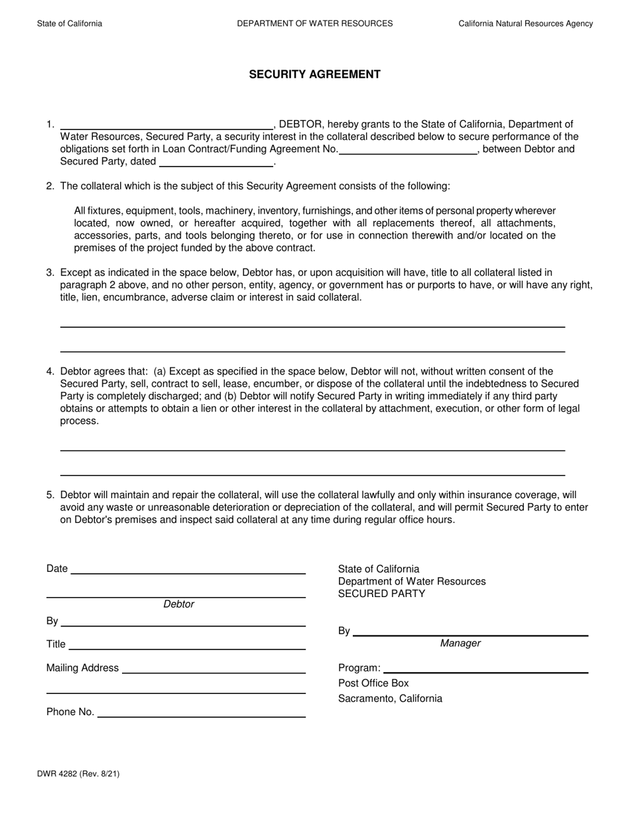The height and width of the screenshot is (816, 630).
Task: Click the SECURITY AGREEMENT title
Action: (314, 74)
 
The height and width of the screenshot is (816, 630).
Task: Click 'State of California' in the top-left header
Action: (70, 23)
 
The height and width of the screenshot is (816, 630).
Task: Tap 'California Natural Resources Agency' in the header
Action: (525, 23)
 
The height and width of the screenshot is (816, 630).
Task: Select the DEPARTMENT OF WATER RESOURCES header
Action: (314, 23)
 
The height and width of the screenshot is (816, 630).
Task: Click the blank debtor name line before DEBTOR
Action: (166, 125)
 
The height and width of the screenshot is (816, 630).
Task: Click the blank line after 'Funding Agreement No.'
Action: (408, 150)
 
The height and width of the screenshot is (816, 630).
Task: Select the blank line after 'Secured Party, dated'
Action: (216, 162)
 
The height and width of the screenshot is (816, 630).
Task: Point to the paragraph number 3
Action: (50, 273)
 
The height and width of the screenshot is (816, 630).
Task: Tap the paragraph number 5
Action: (50, 495)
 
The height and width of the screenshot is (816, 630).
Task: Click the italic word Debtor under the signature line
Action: (178, 604)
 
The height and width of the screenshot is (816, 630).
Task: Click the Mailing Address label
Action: (82, 668)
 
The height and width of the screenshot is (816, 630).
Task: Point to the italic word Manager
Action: (460, 644)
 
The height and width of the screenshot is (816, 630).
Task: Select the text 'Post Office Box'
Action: (373, 683)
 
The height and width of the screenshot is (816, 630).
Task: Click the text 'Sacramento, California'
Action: (390, 699)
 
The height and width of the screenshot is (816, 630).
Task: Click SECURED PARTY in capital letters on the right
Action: (381, 594)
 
